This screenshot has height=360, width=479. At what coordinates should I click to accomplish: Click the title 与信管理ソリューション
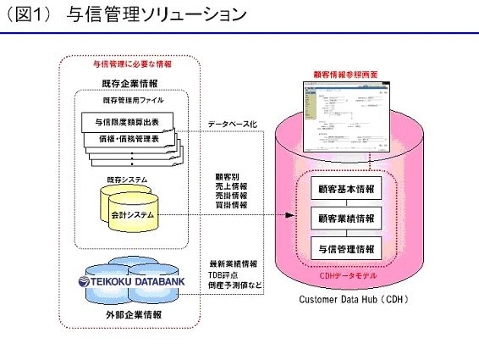(x=157, y=15)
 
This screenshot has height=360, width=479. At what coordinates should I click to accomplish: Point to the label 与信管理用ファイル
(x=131, y=101)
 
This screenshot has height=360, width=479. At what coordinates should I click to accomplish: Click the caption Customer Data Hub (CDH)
(x=350, y=301)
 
